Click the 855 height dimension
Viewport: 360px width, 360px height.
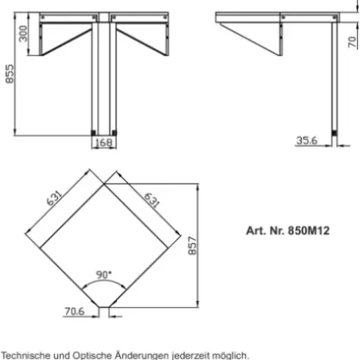pyautogui.click(x=10, y=74)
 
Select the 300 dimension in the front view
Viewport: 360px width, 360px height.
pyautogui.click(x=23, y=34)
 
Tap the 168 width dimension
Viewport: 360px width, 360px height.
pyautogui.click(x=104, y=143)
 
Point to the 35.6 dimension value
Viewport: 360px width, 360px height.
pyautogui.click(x=307, y=141)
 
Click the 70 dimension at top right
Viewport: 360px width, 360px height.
pyautogui.click(x=352, y=41)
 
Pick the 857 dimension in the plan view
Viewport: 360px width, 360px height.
pyautogui.click(x=192, y=245)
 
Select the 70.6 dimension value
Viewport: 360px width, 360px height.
pyautogui.click(x=75, y=311)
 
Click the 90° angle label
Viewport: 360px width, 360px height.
pyautogui.click(x=104, y=274)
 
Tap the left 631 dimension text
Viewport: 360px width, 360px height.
pyautogui.click(x=54, y=198)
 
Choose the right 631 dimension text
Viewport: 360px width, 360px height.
pyautogui.click(x=152, y=200)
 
